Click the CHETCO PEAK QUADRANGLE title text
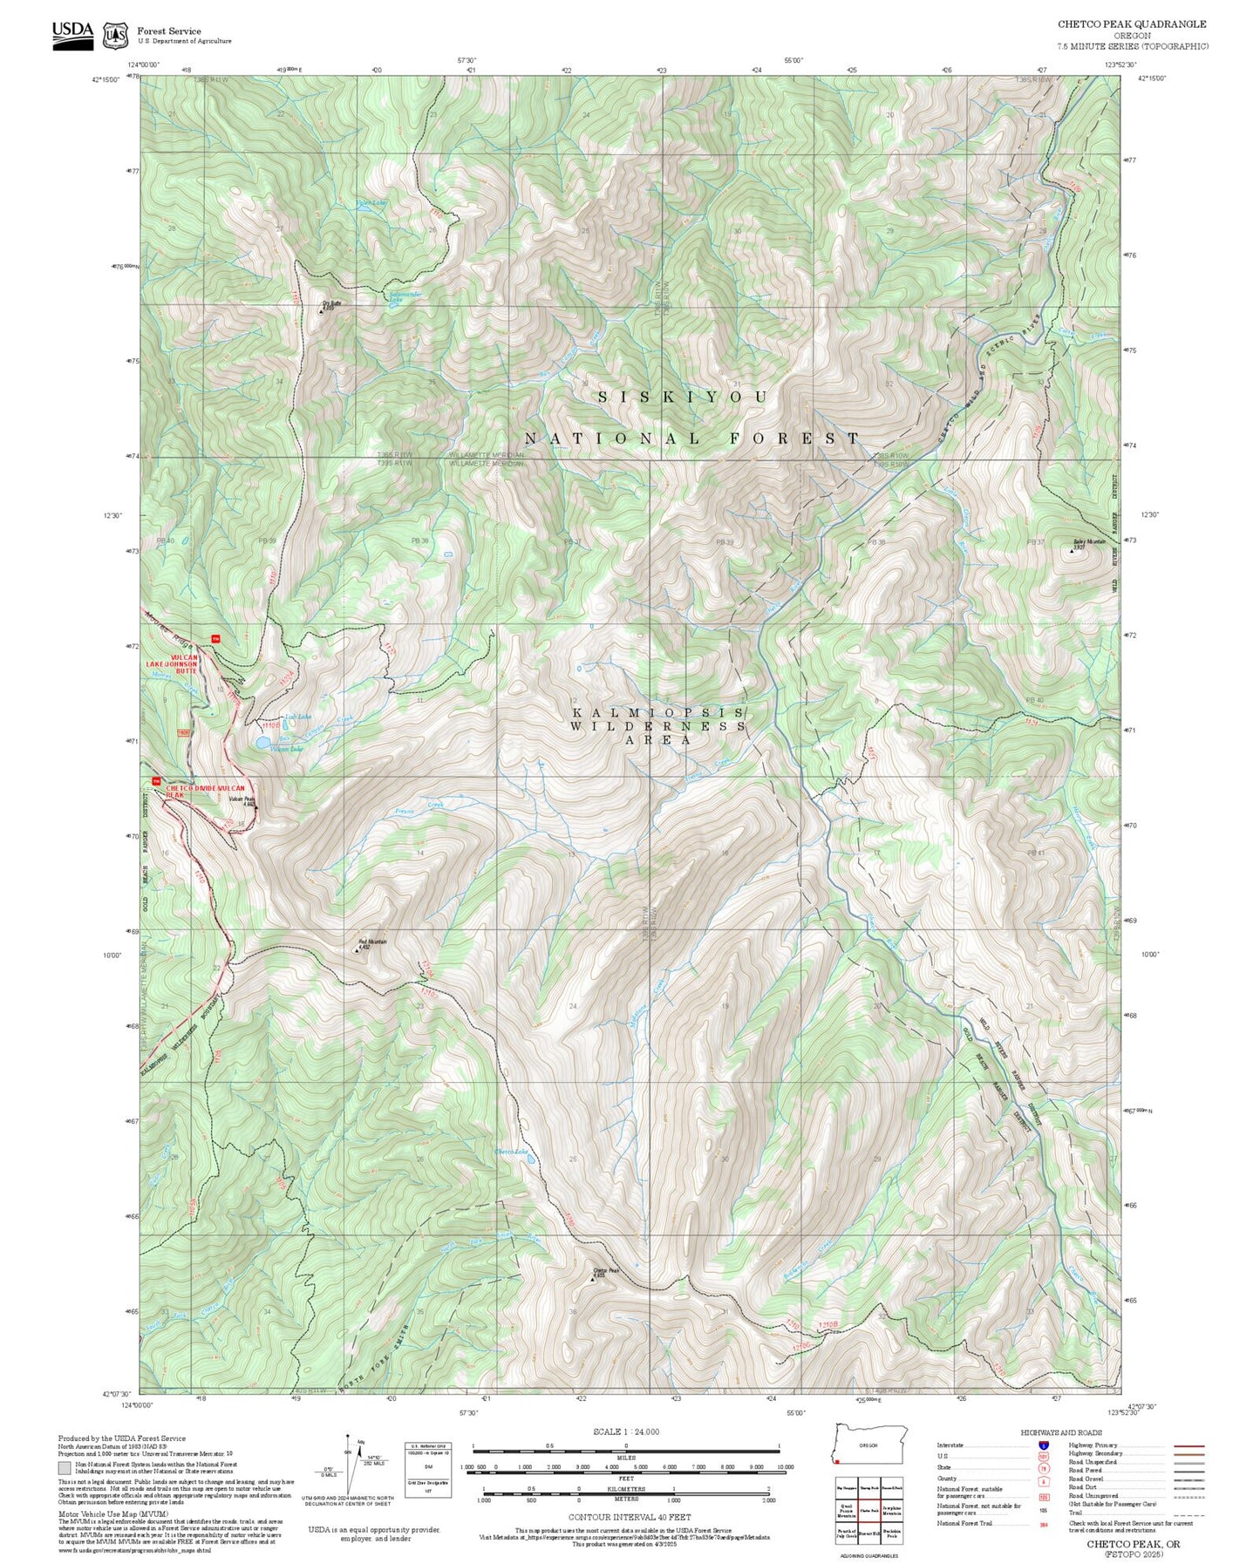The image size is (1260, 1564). coord(1132,24)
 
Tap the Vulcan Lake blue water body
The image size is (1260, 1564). coord(262,744)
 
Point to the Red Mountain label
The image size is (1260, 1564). coord(371,943)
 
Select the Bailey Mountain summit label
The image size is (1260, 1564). coord(1089,542)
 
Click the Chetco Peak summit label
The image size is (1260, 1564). coord(605,1272)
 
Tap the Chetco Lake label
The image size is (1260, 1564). coord(512,1152)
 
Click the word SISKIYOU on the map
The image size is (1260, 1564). coord(683,398)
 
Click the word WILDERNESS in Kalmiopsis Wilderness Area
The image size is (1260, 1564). coord(658,726)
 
